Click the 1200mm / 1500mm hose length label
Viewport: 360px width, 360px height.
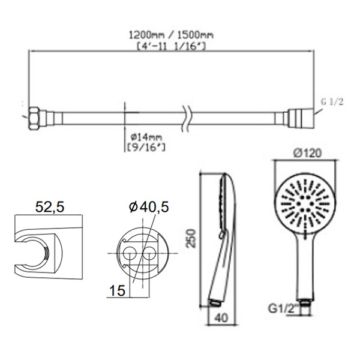click(171, 35)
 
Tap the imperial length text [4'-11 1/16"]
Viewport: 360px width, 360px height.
click(171, 46)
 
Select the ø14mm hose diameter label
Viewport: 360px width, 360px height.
click(146, 137)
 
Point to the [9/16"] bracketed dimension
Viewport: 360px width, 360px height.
click(146, 147)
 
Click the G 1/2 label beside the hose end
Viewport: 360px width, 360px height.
click(332, 101)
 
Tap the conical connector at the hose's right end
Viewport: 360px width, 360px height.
click(301, 118)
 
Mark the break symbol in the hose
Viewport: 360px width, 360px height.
click(187, 118)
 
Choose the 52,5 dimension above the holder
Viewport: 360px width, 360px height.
click(50, 207)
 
